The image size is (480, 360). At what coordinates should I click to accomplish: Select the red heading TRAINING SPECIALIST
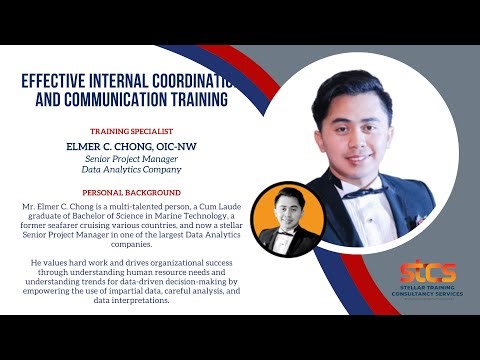(131, 131)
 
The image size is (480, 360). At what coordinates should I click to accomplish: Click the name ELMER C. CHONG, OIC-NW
(131, 146)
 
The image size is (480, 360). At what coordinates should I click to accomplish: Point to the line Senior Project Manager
(131, 159)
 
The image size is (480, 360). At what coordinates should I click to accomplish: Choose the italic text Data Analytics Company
(131, 170)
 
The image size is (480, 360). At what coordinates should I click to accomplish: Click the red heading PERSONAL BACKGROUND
(131, 192)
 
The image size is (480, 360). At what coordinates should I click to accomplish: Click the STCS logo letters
(427, 272)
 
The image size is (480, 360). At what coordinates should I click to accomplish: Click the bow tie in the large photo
(363, 190)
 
